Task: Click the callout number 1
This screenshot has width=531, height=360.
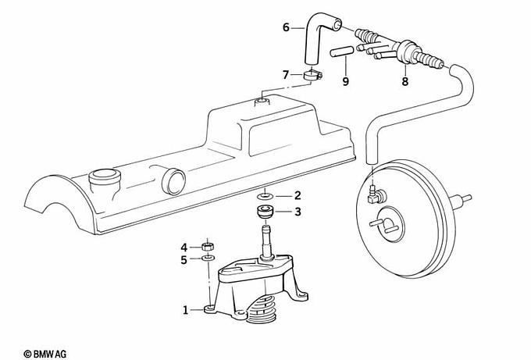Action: coord(186,311)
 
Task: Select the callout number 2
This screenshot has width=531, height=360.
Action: coord(298,195)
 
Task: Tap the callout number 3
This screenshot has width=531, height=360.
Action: coord(298,212)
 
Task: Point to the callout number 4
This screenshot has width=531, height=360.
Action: coord(184,247)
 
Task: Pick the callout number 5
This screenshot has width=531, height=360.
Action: coord(184,259)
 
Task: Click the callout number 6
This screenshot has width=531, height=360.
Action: coord(287,28)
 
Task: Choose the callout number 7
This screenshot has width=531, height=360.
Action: coord(287,74)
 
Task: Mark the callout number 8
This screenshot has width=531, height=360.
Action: coord(404,80)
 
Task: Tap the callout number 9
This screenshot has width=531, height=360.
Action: coord(344,80)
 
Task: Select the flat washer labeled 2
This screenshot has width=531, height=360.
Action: coord(266,195)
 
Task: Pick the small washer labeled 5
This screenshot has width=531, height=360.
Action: coord(208,258)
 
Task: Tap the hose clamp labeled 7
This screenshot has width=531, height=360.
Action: coord(312,76)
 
